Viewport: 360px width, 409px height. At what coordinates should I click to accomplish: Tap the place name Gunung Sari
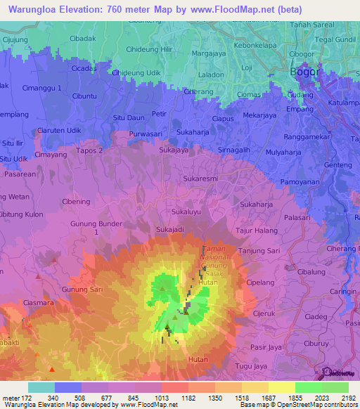[82, 289]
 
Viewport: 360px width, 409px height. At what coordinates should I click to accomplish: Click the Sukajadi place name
[170, 229]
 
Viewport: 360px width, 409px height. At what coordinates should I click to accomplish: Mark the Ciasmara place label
[37, 304]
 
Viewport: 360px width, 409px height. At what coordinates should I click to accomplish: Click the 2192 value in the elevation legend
[346, 398]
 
